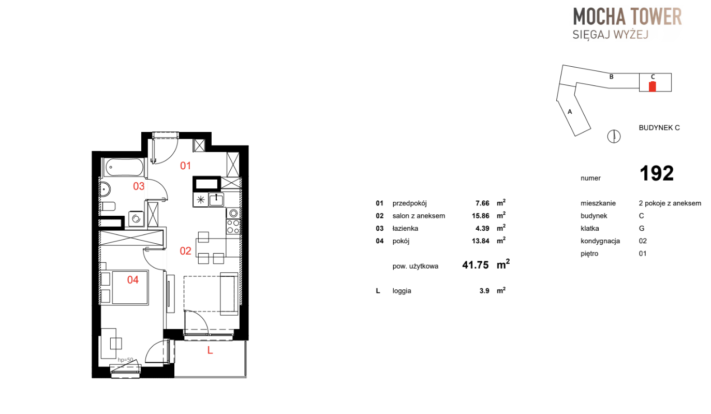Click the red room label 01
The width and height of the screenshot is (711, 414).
pos(185,166)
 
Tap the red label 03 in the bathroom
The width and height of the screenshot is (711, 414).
pos(139,186)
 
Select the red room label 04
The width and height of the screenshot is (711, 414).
pos(132,279)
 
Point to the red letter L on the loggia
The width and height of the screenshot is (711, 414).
pos(210,350)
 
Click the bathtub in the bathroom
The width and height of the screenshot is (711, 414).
pos(124,167)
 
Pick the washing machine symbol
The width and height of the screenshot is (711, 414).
pos(136,219)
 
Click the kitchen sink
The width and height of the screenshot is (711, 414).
pos(216,200)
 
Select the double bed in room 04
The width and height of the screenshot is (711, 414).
pos(124,288)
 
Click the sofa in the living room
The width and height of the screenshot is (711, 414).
pos(229,293)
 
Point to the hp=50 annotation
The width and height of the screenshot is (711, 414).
pos(125,360)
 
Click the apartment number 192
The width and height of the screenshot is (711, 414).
pos(656,173)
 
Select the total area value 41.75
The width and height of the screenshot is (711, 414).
pos(476,265)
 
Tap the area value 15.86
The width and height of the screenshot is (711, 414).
pos(481,216)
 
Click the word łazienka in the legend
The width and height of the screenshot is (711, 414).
pos(405,228)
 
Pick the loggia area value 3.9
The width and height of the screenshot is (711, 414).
pos(484,291)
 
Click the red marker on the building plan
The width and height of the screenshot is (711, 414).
pos(652,86)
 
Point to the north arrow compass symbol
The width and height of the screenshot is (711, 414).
pos(614,137)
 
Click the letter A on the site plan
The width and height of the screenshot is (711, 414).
pos(570,112)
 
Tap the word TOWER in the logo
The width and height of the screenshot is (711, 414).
pos(656,17)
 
